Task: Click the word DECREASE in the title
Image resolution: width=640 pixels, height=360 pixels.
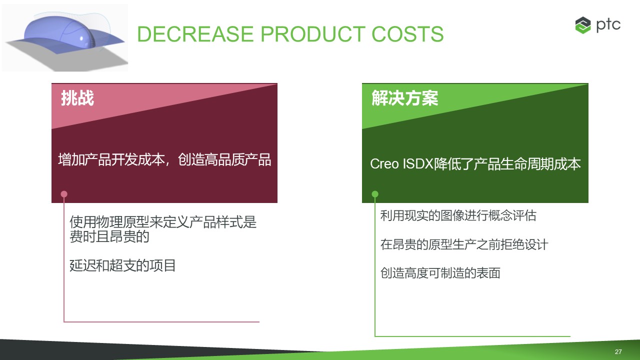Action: pos(195,34)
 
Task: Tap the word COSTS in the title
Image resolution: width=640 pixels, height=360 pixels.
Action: pos(407,34)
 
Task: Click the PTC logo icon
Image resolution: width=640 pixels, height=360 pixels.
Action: pos(583,25)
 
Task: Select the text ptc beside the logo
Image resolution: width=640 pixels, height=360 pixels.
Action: pos(608,25)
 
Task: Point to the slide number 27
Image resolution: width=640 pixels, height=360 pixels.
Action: pos(618,351)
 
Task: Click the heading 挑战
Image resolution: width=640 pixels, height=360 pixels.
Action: pos(77,98)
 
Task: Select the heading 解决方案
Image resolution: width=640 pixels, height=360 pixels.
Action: pos(404,98)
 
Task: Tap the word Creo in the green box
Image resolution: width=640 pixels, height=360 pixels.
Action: pos(384,164)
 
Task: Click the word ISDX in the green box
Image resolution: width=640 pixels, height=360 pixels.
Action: pos(417,164)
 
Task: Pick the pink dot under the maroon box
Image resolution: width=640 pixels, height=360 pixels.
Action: pos(64,194)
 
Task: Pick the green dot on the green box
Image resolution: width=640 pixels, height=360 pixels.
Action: pos(375,194)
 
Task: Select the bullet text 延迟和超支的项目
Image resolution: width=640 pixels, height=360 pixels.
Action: pos(122,265)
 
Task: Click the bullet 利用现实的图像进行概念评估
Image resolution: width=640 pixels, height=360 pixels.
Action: pos(458,215)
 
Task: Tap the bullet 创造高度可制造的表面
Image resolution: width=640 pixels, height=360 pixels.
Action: pos(440,273)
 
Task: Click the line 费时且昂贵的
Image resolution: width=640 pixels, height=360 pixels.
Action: pos(109,236)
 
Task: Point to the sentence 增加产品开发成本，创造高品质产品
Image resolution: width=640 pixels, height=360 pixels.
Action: pos(164,159)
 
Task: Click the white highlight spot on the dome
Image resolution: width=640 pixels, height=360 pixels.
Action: pos(82,38)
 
